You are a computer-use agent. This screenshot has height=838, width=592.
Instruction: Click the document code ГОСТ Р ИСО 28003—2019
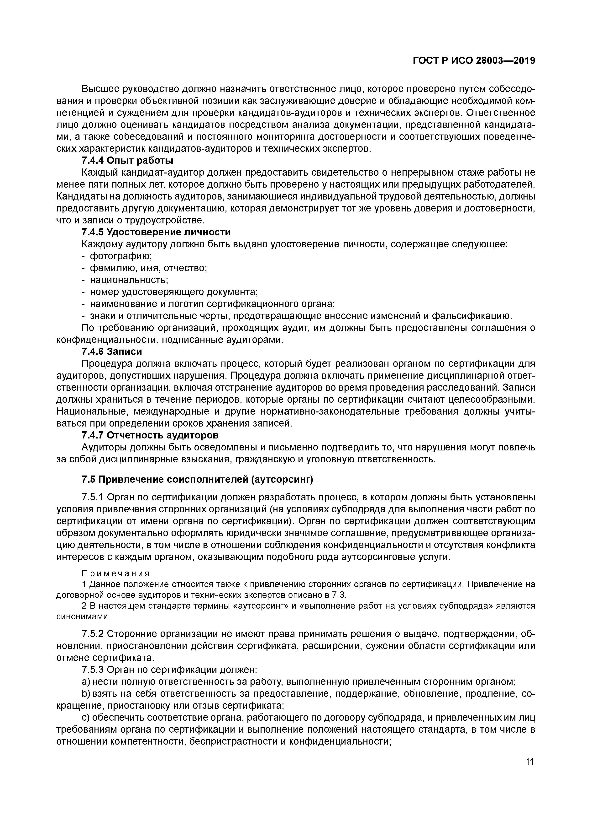474,61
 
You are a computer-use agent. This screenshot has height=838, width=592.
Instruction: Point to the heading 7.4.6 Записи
111,351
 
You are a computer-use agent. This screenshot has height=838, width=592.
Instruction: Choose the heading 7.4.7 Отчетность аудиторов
150,435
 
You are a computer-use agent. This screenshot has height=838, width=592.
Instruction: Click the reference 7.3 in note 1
338,595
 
